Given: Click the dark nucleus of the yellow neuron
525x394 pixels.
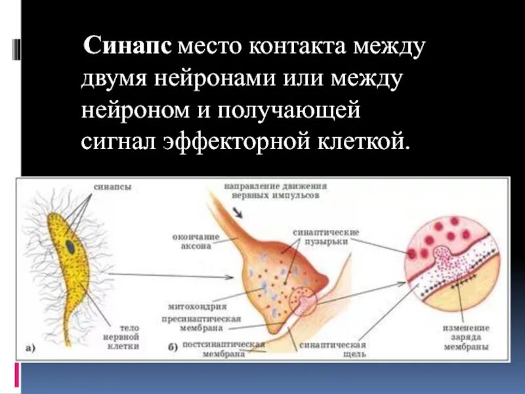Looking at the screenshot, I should (x=70, y=246).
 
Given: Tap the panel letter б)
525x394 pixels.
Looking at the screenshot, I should (x=173, y=349).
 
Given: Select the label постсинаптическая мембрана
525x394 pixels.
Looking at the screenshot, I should (x=223, y=349).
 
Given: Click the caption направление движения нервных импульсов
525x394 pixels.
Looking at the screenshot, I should (x=275, y=190).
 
